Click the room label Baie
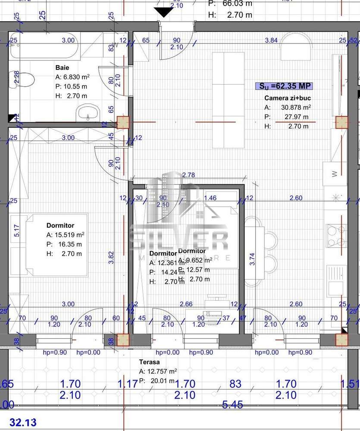coord(62,68)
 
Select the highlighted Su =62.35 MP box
coord(285,85)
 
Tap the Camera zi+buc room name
coord(288,98)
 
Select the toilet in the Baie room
coord(25,80)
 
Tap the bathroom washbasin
coord(88,114)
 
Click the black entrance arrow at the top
coord(163,12)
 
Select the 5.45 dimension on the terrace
coord(233,405)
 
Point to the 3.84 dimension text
coord(271,40)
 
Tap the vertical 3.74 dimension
coord(253,258)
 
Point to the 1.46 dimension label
coord(210,198)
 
